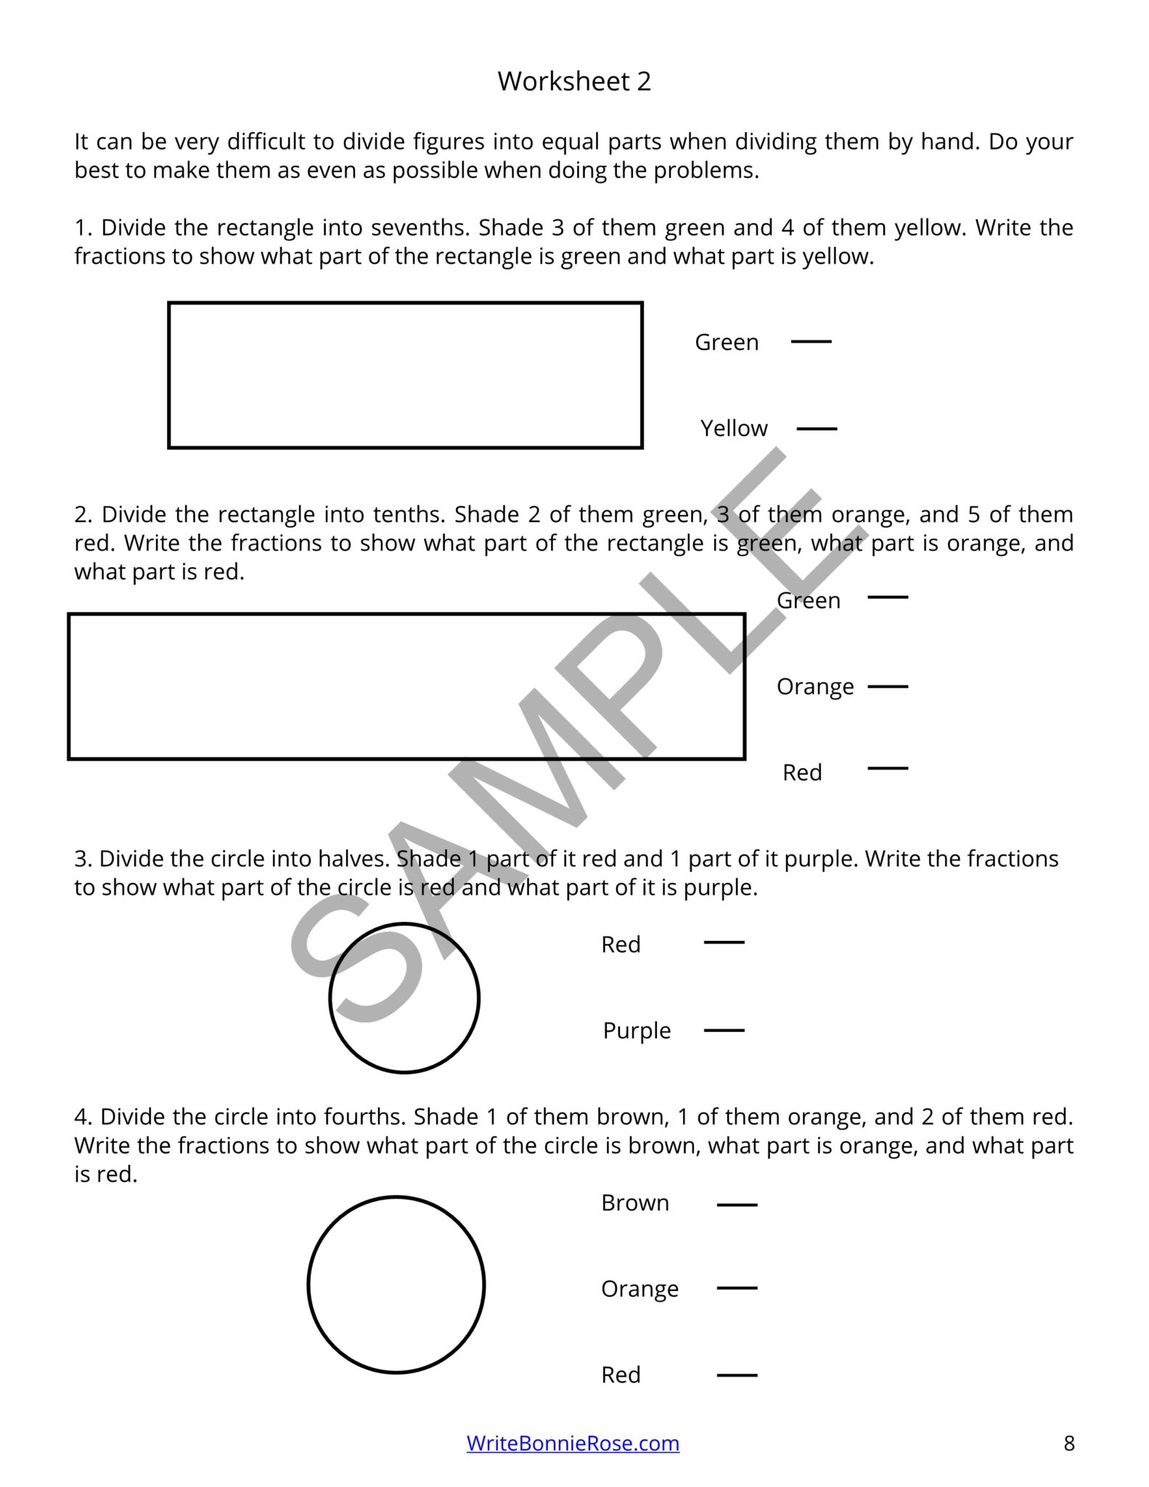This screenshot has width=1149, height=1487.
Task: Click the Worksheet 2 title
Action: click(x=574, y=81)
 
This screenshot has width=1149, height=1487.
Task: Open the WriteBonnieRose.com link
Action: click(x=573, y=1443)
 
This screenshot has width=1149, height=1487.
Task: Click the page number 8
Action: click(x=1068, y=1443)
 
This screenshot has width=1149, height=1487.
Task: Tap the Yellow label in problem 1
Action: click(x=733, y=428)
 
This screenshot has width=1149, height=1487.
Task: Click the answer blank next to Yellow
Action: click(x=817, y=428)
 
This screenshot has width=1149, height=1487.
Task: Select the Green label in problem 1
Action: click(x=727, y=342)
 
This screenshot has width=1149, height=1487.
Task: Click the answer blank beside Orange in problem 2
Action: click(x=888, y=685)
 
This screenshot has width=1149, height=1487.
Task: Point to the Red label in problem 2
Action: click(x=802, y=772)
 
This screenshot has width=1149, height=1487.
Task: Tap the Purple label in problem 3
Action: click(x=637, y=1031)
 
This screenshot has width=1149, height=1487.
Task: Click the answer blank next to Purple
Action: click(x=724, y=1030)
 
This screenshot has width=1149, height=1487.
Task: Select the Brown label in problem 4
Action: click(x=635, y=1203)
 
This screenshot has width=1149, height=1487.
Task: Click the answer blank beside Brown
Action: click(x=737, y=1205)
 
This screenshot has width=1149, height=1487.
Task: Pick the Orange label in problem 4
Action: click(x=639, y=1289)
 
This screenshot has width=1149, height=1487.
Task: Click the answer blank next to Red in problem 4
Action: click(x=737, y=1374)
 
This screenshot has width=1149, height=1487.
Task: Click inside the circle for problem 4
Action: click(x=396, y=1285)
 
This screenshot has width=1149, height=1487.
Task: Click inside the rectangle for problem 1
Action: click(x=405, y=375)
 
